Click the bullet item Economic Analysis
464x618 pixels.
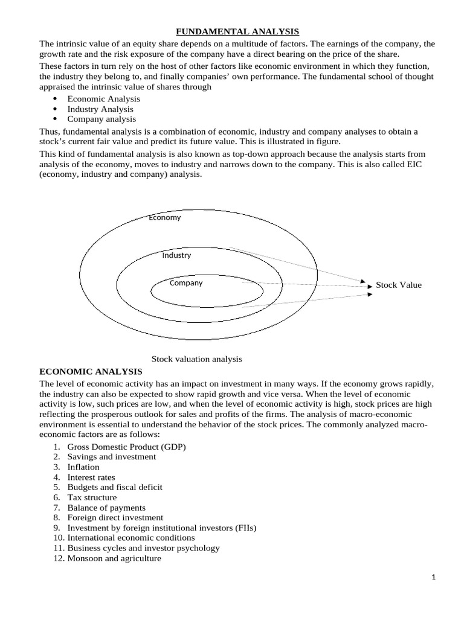coord(103,98)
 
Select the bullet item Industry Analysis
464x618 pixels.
coord(100,109)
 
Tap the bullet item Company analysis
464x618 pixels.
coord(101,119)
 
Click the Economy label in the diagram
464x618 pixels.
coord(164,217)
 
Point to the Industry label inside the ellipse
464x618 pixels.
coord(176,255)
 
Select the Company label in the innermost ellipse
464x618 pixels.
coord(186,282)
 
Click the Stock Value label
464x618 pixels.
coord(398,285)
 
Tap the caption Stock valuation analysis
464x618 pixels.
coord(196,358)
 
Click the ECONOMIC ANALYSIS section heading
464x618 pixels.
coord(91,371)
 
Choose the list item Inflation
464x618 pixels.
coord(83,467)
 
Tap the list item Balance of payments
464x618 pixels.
coord(106,508)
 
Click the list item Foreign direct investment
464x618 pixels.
coord(115,518)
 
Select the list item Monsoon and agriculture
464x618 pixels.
coord(114,558)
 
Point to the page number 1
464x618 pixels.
coord(434,578)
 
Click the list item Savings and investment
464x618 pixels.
coord(111,457)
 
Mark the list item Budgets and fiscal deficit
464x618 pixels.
coord(115,487)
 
